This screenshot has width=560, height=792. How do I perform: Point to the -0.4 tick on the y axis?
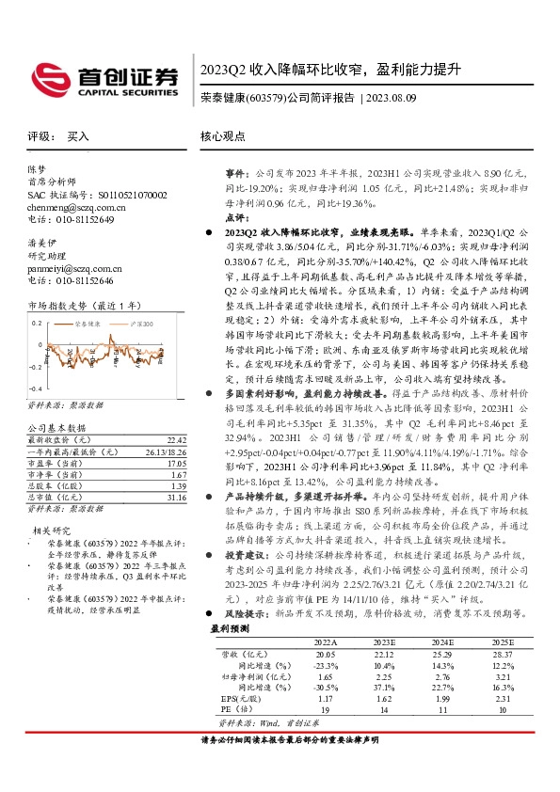34,388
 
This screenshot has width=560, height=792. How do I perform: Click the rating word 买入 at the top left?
77,136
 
